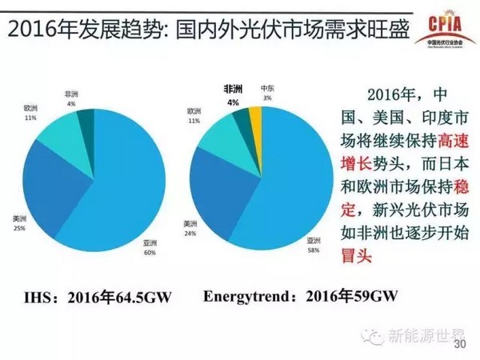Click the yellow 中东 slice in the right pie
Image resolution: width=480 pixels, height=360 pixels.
pos(256,119)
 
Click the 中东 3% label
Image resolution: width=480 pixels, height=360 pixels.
pos(266,92)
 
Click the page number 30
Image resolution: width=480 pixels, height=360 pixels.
pos(458,346)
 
